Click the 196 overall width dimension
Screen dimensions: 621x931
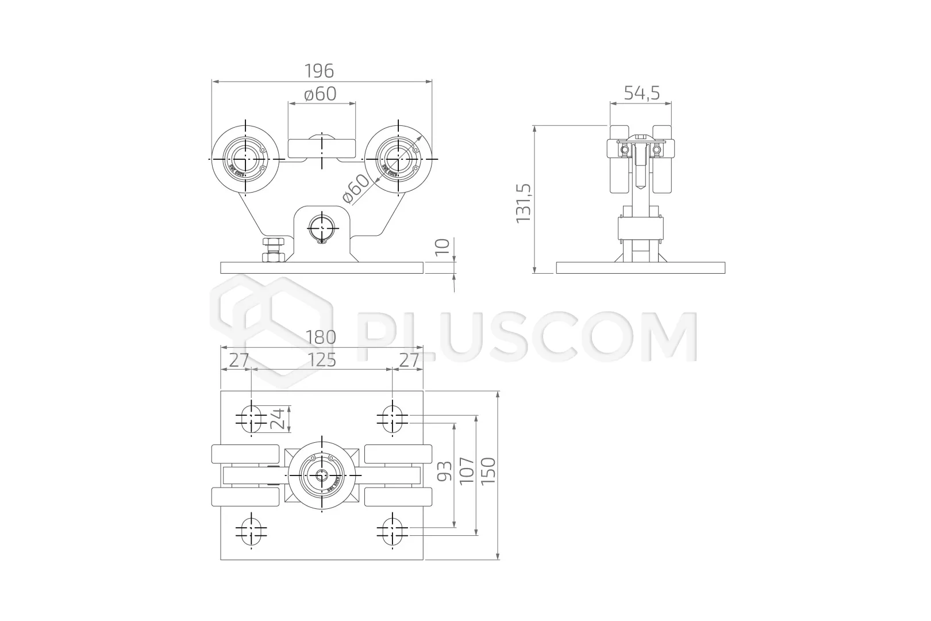tap(319, 71)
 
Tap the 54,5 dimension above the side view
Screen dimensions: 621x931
tap(641, 93)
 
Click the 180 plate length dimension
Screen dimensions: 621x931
tap(321, 337)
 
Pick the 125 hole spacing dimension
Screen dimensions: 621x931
tap(321, 361)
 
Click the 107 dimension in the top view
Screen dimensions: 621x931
tap(467, 471)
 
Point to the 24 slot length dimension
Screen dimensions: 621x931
tap(277, 419)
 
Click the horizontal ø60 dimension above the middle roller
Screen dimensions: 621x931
tap(320, 94)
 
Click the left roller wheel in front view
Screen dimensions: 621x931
tap(245, 159)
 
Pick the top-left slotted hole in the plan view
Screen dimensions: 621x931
tap(251, 418)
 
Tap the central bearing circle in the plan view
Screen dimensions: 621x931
tap(322, 476)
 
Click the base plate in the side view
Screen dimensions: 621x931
tap(641, 268)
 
